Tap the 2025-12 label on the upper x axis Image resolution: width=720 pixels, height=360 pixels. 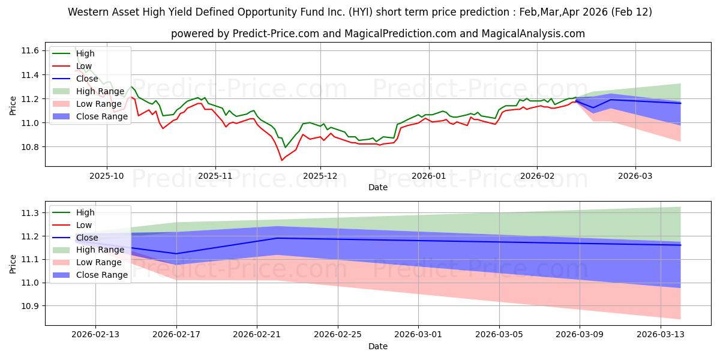coord(320,176)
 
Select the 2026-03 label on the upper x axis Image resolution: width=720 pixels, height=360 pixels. coord(635,176)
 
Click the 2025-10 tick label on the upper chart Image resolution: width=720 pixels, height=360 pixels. coord(107,176)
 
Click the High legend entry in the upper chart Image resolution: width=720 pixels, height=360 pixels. coord(85,53)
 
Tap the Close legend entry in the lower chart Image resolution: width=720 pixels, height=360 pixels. coord(88,238)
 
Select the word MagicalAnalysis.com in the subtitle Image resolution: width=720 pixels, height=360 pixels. coord(536,34)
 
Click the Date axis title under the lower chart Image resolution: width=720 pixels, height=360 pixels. coord(378,346)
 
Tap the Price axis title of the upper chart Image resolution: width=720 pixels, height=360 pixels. coord(13,105)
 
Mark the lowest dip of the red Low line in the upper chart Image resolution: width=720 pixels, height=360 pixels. coord(281,160)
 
